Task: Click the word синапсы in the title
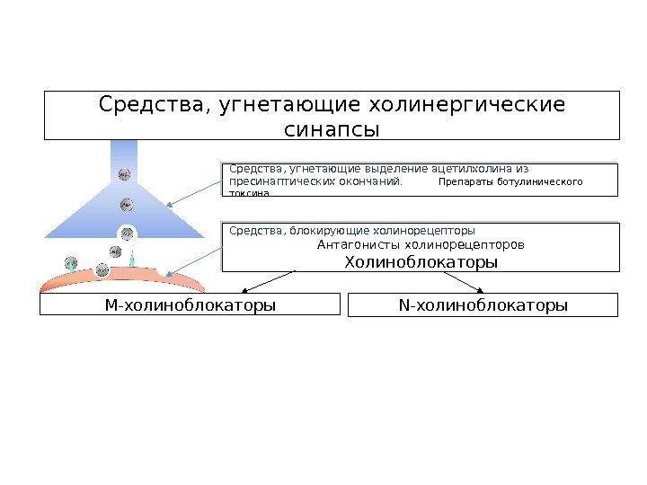[x=332, y=130]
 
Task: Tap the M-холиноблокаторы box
[x=190, y=305]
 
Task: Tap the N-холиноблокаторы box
[x=483, y=305]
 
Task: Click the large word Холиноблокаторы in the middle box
[x=421, y=262]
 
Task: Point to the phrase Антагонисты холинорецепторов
[x=421, y=244]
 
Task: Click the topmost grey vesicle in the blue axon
[x=124, y=173]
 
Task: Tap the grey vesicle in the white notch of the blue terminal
[x=127, y=234]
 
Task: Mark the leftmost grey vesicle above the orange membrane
[x=71, y=263]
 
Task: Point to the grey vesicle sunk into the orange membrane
[x=102, y=269]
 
